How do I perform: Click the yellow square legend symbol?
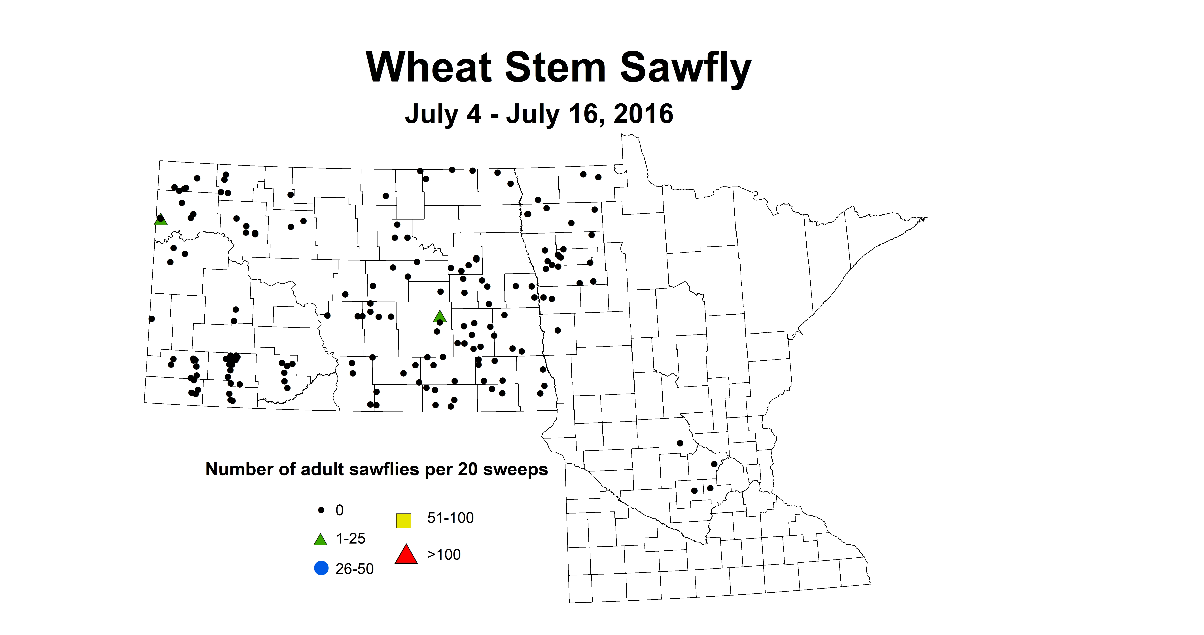[x=403, y=520]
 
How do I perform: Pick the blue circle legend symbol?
[x=321, y=569]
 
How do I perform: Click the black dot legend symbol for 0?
[x=321, y=510]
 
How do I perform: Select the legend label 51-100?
[x=450, y=518]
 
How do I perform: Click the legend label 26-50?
[x=354, y=569]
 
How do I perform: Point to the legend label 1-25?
[x=351, y=539]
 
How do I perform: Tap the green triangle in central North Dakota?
[x=439, y=317]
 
